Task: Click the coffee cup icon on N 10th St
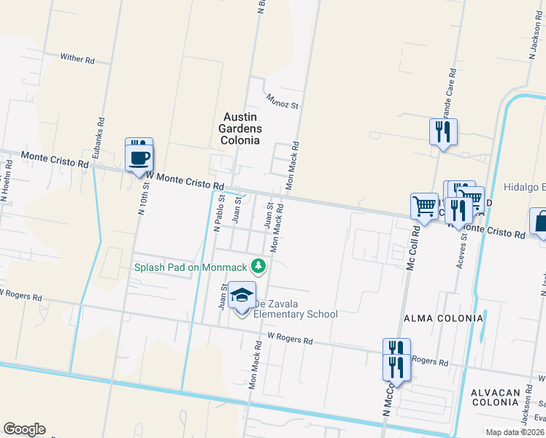[139, 157]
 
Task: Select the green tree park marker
[257, 265]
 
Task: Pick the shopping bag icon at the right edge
[539, 223]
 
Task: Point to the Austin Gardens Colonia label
[240, 128]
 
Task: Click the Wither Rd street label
[77, 58]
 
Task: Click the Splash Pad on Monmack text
[191, 267]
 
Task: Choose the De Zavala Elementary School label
[295, 309]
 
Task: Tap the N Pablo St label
[217, 212]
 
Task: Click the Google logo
[24, 429]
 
